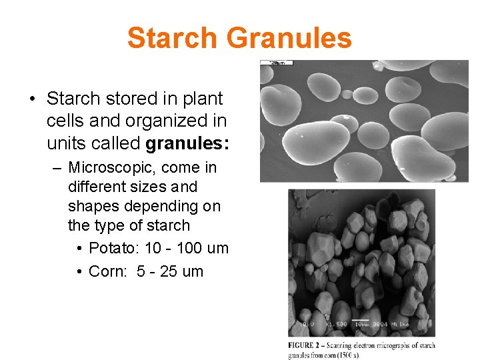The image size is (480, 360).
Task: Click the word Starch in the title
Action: pos(173,38)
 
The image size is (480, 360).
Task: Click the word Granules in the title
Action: pos(289,38)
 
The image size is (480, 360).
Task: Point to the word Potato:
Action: pos(114,249)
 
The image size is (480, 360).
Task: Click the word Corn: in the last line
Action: pos(107,271)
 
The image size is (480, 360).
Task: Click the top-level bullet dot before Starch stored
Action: pos(32,101)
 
